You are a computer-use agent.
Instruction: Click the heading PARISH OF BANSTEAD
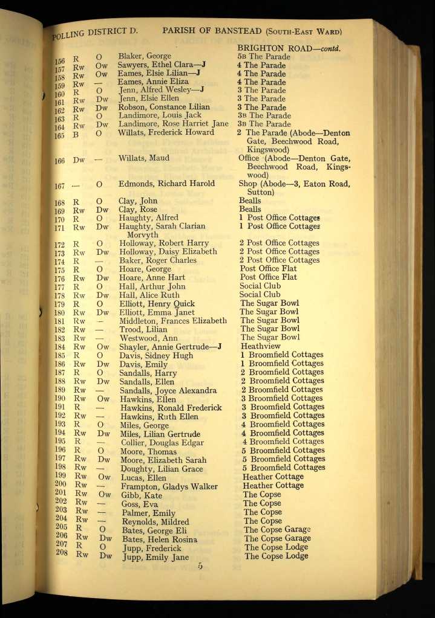212,30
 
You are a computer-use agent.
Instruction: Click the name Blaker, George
145,56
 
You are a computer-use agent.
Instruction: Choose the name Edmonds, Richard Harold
166,184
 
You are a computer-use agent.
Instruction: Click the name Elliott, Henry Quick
157,303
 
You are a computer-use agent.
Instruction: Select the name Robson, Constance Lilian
164,107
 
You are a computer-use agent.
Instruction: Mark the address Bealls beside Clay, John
250,201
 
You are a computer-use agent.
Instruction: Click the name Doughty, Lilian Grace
160,469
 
